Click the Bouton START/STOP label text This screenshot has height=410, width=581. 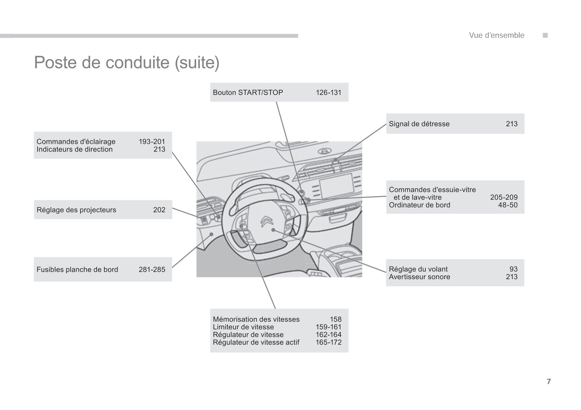click(x=248, y=93)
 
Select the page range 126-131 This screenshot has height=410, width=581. click(x=328, y=93)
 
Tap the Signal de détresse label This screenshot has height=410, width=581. click(x=419, y=124)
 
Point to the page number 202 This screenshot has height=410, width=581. click(x=159, y=210)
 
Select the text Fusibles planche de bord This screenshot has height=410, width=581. click(x=77, y=270)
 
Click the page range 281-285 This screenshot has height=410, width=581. click(x=152, y=270)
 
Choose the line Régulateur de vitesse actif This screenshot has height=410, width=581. click(x=256, y=342)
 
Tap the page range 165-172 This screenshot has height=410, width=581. click(x=328, y=342)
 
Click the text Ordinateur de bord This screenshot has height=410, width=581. click(x=419, y=205)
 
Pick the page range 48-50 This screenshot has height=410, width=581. click(x=507, y=205)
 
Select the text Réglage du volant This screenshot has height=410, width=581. click(x=418, y=269)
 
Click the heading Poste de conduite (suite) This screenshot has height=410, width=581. click(x=127, y=63)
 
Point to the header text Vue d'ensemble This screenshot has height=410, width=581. click(x=496, y=35)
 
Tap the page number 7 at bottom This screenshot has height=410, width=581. click(x=548, y=381)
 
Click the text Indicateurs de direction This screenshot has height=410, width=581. click(x=74, y=149)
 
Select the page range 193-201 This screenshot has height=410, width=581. click(x=152, y=142)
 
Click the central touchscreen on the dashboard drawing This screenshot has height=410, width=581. click(x=336, y=185)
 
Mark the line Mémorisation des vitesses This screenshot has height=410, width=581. click(x=256, y=319)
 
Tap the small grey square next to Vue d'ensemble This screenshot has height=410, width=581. click(x=545, y=35)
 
